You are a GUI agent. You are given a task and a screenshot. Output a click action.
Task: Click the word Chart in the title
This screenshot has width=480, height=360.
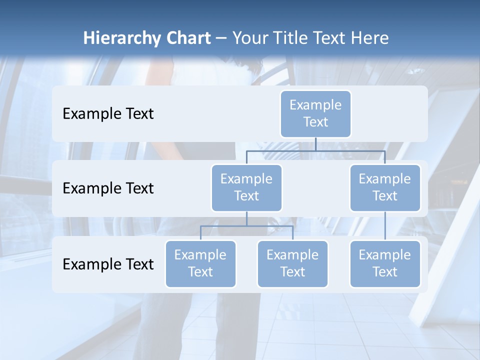point(187,38)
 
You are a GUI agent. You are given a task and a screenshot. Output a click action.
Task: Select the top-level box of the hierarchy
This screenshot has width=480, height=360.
point(315,113)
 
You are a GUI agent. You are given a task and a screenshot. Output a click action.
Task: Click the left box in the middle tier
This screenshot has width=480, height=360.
point(246,187)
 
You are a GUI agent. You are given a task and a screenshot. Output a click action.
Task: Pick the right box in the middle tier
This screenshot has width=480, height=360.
point(384,187)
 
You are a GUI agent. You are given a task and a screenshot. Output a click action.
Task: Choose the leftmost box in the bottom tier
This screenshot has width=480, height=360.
point(200,263)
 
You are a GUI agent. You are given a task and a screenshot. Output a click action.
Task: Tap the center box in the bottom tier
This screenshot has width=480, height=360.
point(292,263)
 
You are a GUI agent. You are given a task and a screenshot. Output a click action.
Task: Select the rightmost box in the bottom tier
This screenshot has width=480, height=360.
point(384,263)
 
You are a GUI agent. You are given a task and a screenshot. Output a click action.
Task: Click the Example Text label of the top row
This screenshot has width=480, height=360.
point(108,114)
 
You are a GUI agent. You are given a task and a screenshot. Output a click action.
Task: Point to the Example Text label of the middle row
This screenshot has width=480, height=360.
point(108,188)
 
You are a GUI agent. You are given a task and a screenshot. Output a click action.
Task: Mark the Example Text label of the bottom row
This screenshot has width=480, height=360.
point(108,264)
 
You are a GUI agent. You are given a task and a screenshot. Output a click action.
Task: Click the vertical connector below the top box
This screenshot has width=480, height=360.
point(315,144)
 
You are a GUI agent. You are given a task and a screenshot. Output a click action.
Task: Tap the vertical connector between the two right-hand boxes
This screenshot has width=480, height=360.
point(384,226)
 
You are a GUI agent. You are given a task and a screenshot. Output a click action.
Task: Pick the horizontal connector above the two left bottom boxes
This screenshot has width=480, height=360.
point(246,226)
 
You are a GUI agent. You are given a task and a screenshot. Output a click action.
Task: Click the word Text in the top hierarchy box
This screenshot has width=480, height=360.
point(315,122)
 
